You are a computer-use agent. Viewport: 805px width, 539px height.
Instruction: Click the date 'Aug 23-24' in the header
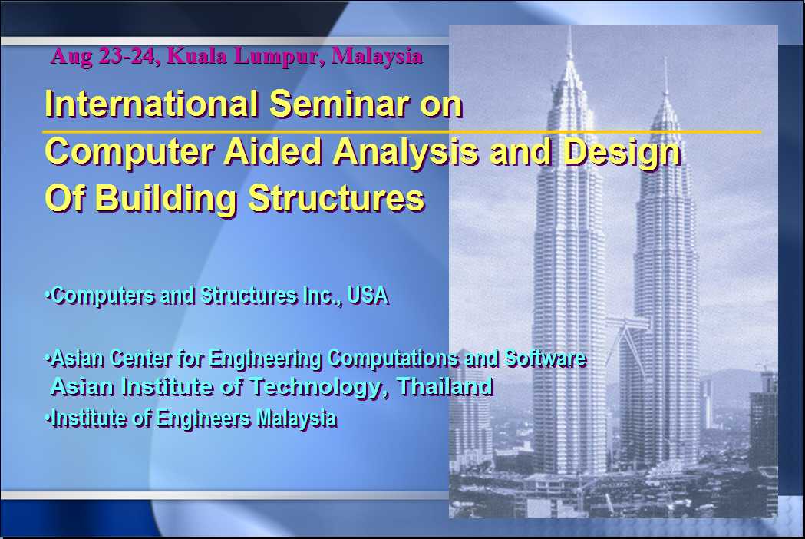(102, 56)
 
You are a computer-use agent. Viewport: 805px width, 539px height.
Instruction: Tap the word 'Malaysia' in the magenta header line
(378, 56)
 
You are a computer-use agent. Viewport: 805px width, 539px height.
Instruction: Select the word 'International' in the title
(151, 104)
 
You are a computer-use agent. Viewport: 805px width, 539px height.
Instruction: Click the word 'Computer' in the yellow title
(130, 152)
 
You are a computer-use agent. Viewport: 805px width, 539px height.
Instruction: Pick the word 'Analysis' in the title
(406, 153)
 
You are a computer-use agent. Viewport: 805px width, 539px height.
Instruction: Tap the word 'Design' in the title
(622, 153)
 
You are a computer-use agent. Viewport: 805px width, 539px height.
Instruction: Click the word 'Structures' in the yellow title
(337, 198)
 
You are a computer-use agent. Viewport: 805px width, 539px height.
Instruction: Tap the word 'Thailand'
(445, 386)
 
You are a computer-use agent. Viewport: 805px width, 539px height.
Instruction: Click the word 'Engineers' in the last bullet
(203, 418)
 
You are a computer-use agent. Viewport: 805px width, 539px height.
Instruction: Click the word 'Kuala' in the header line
(197, 56)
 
